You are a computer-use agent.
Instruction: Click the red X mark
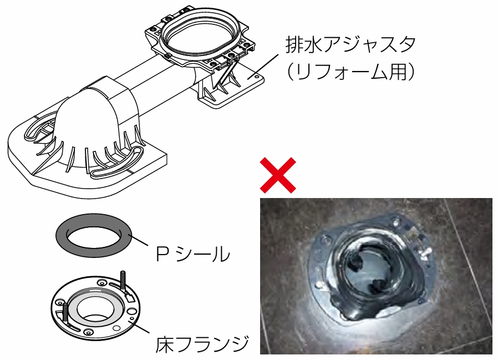[278, 175]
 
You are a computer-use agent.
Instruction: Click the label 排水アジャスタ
[350, 44]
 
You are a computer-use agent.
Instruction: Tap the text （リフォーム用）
[350, 72]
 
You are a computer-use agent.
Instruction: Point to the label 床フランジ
[202, 345]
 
